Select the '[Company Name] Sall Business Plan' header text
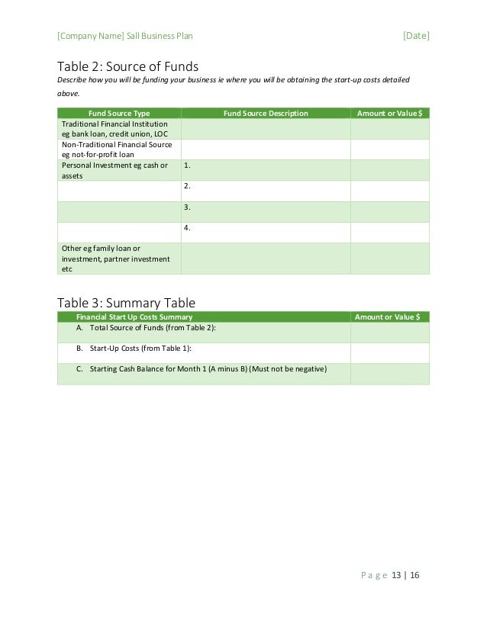click(x=130, y=35)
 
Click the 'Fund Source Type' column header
click(x=119, y=113)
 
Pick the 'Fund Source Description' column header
click(x=266, y=113)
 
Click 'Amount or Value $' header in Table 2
click(x=389, y=113)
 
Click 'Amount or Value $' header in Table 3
click(x=389, y=317)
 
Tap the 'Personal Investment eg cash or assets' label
click(x=114, y=169)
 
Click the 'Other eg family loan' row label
click(x=115, y=259)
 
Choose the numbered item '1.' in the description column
click(x=187, y=165)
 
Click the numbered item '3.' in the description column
click(x=187, y=207)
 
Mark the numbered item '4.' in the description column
click(x=187, y=227)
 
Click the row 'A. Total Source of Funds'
click(x=146, y=327)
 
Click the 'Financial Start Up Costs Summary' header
click(x=134, y=317)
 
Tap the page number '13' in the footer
click(x=396, y=575)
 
